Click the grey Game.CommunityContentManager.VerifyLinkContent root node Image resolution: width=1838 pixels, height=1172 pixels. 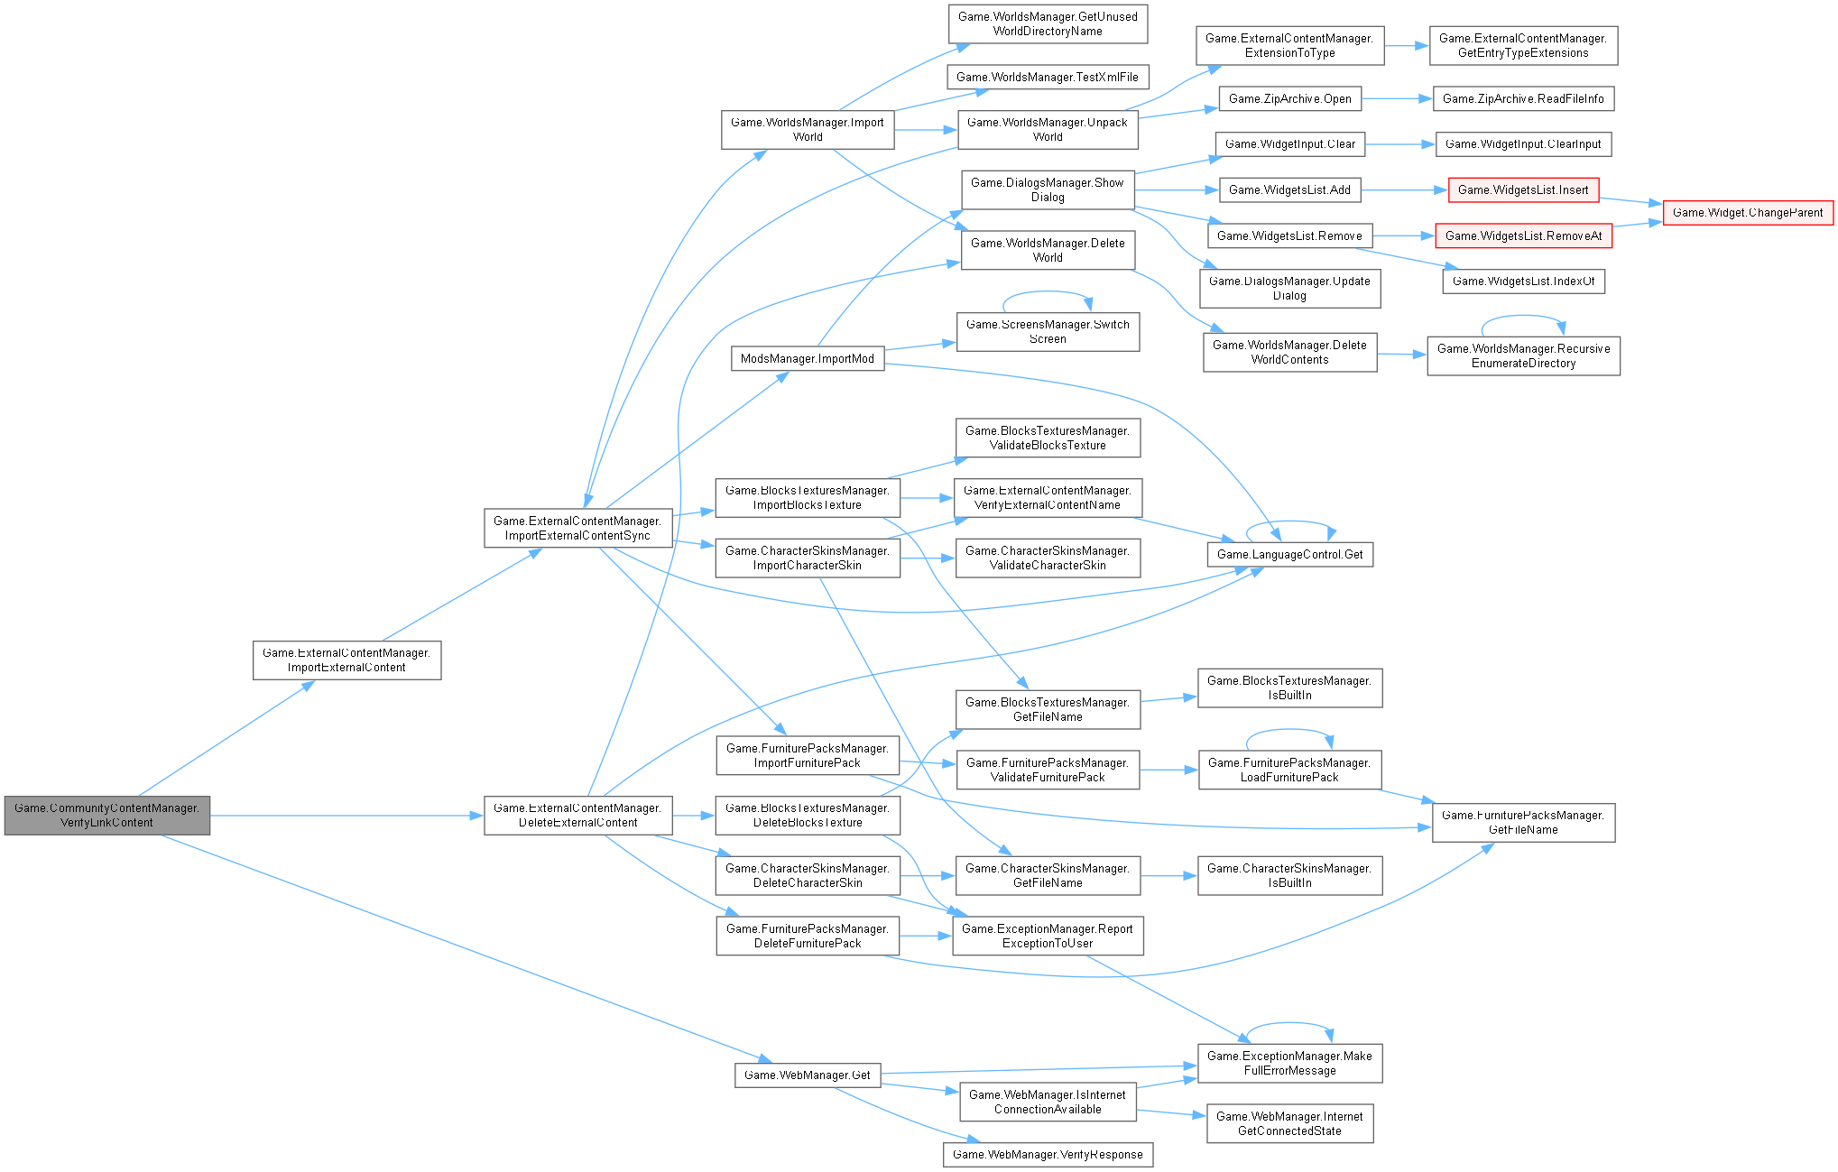click(x=106, y=816)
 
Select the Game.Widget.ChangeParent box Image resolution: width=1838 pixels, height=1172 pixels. click(x=1748, y=213)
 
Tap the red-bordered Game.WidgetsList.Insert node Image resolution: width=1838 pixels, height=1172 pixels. click(x=1523, y=190)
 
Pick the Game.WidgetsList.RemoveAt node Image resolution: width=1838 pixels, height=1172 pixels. click(x=1523, y=236)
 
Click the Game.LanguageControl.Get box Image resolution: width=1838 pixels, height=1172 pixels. click(x=1289, y=554)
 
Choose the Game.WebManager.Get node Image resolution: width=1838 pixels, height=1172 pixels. click(x=807, y=1075)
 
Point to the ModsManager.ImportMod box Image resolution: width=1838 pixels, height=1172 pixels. click(x=807, y=359)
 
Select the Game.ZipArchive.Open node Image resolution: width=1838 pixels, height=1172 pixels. click(x=1289, y=99)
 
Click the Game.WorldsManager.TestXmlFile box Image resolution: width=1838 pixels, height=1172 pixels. click(x=1047, y=78)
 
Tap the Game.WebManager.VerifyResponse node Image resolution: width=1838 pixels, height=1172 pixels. click(x=1048, y=1155)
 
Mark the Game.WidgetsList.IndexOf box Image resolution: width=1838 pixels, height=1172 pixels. click(x=1523, y=281)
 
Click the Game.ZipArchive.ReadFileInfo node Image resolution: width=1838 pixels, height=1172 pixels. click(x=1523, y=99)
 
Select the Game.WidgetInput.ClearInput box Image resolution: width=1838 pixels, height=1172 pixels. click(x=1523, y=144)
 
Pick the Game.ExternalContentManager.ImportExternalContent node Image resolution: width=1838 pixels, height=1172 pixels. click(x=346, y=660)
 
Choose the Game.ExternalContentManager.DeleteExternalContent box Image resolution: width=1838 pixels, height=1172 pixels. click(x=577, y=816)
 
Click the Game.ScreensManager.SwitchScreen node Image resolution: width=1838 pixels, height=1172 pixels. click(x=1048, y=332)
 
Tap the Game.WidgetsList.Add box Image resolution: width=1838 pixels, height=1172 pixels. click(x=1289, y=190)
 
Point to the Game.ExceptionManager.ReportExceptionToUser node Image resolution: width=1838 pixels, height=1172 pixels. click(x=1048, y=937)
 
